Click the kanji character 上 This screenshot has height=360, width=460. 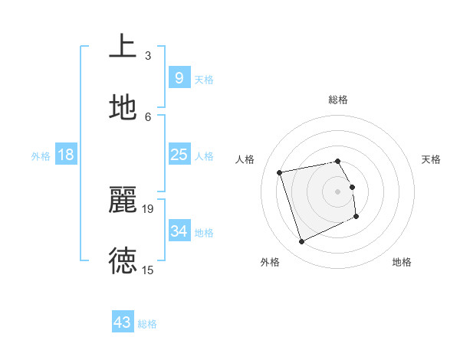(123, 45)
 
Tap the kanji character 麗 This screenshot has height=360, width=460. (123, 199)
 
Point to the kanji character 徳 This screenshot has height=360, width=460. (123, 260)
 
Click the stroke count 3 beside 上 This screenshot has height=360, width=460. (148, 55)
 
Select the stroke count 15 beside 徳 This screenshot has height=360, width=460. (148, 270)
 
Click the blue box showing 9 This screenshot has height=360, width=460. (179, 77)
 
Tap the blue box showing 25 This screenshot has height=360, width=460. (179, 155)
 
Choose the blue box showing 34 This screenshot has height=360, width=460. (179, 231)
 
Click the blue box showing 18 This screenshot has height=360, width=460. (66, 155)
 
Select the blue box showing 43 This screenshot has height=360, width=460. (122, 322)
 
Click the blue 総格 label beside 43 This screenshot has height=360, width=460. (147, 324)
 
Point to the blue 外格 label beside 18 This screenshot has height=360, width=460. (41, 156)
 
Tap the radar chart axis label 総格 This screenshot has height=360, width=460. (338, 100)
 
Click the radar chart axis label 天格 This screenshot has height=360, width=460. (432, 159)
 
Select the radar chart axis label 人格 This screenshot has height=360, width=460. (246, 159)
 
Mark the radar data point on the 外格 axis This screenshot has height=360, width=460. (301, 242)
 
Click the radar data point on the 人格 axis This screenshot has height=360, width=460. (280, 172)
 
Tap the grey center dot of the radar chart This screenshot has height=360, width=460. (338, 191)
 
